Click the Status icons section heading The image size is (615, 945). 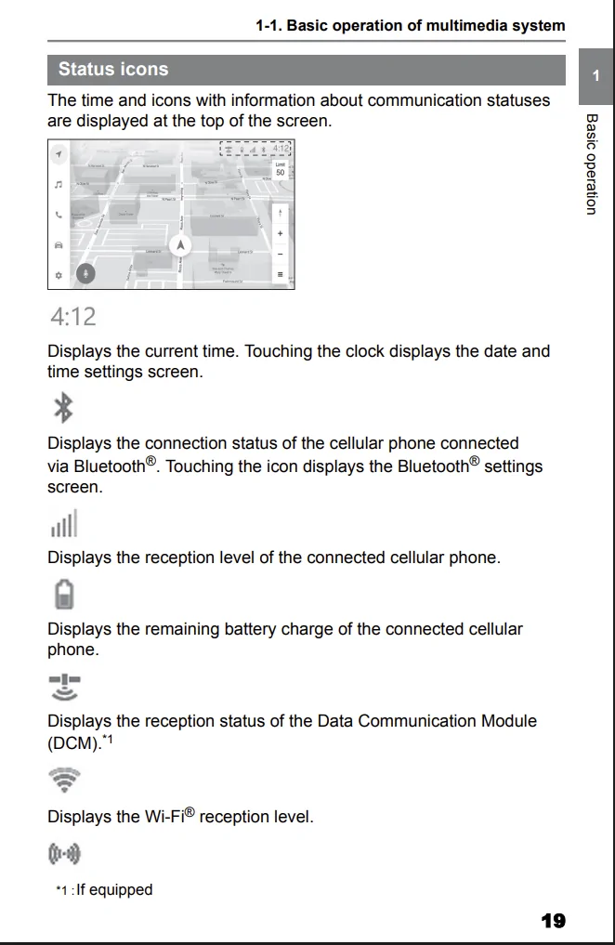pyautogui.click(x=113, y=70)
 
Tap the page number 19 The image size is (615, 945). pyautogui.click(x=553, y=921)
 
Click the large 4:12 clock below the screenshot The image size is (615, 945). pyautogui.click(x=72, y=317)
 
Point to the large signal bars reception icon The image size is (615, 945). pyautogui.click(x=62, y=523)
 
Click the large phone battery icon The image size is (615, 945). pyautogui.click(x=63, y=594)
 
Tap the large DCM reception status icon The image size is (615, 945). pyautogui.click(x=64, y=687)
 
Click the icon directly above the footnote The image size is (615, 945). pyautogui.click(x=63, y=853)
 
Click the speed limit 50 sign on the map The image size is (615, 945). pyautogui.click(x=280, y=169)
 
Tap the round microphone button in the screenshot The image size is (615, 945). pyautogui.click(x=85, y=273)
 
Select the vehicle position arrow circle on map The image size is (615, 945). pyautogui.click(x=180, y=245)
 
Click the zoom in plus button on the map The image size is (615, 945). pyautogui.click(x=281, y=233)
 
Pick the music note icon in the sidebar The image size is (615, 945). pyautogui.click(x=59, y=184)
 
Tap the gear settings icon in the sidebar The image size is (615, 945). pyautogui.click(x=59, y=275)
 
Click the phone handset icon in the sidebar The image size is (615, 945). pyautogui.click(x=59, y=214)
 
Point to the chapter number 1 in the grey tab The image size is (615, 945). pyautogui.click(x=595, y=75)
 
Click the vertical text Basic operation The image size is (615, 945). pyautogui.click(x=590, y=164)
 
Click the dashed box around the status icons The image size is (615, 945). pyautogui.click(x=255, y=149)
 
